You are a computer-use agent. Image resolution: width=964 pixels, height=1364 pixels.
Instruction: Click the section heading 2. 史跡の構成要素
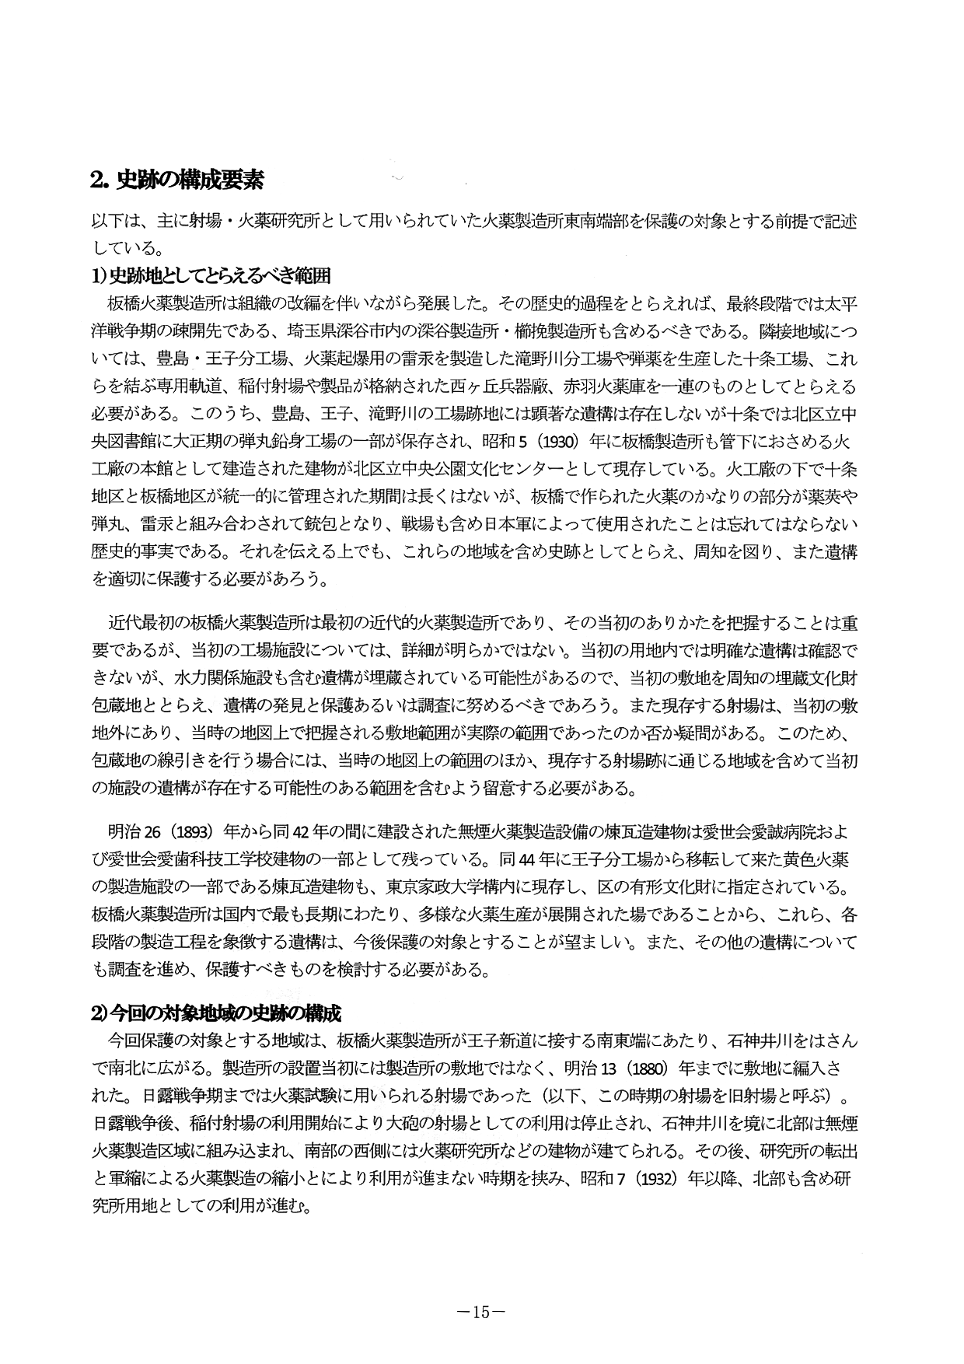pyautogui.click(x=177, y=180)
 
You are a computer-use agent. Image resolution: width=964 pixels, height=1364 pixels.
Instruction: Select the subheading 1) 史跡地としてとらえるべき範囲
pyautogui.click(x=211, y=276)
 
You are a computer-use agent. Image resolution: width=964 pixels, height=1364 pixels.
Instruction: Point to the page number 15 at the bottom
pyautogui.click(x=482, y=1312)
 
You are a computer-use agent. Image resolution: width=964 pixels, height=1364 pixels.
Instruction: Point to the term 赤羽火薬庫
pyautogui.click(x=605, y=386)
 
